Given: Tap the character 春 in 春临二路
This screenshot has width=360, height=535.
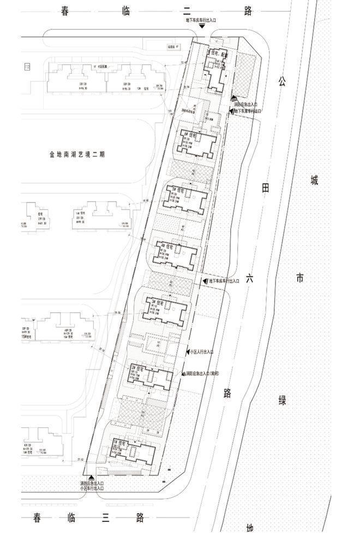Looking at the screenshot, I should click(x=65, y=11).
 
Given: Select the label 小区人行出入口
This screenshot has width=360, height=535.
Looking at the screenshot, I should click(x=202, y=352).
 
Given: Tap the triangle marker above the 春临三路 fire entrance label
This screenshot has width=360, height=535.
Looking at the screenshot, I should click(x=91, y=477).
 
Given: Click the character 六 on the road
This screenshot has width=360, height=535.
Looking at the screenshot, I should click(x=250, y=278).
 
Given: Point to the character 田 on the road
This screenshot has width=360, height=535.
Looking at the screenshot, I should click(x=266, y=188).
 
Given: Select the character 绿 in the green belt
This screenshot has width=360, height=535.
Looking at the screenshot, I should click(x=283, y=400).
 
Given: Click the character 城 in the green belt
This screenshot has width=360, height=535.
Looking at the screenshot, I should click(x=314, y=180).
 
